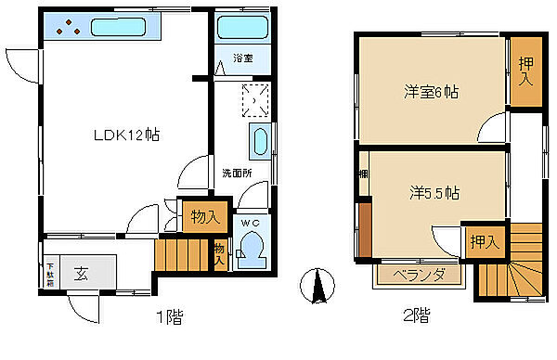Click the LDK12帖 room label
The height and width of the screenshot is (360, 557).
pyautogui.click(x=126, y=135)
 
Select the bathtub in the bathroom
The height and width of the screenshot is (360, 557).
pyautogui.click(x=241, y=27)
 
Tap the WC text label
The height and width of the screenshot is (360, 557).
pyautogui.click(x=252, y=224)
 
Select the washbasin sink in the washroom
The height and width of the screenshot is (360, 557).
pyautogui.click(x=260, y=145)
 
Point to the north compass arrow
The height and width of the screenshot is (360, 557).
pyautogui.click(x=318, y=286)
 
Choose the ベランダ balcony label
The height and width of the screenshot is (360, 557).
pyautogui.click(x=420, y=276)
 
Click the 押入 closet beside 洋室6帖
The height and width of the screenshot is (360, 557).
pyautogui.click(x=525, y=74)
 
